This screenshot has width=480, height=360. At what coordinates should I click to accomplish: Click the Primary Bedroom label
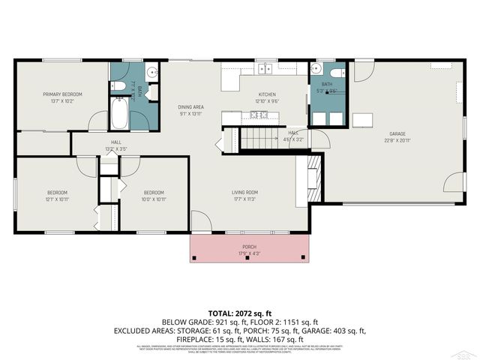[62, 94]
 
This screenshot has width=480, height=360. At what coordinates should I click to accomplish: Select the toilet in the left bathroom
[120, 86]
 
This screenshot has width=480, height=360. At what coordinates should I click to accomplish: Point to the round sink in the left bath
[150, 73]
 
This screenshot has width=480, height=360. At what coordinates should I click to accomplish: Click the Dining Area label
[192, 106]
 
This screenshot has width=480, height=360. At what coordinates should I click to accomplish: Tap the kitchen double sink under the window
[265, 69]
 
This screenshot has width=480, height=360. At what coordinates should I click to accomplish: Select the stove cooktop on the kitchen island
[259, 115]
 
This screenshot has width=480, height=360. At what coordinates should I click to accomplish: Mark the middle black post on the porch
[248, 258]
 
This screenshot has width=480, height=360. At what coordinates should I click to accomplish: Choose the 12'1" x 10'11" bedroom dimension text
[58, 199]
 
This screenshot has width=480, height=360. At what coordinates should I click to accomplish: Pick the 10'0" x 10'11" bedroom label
[154, 193]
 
